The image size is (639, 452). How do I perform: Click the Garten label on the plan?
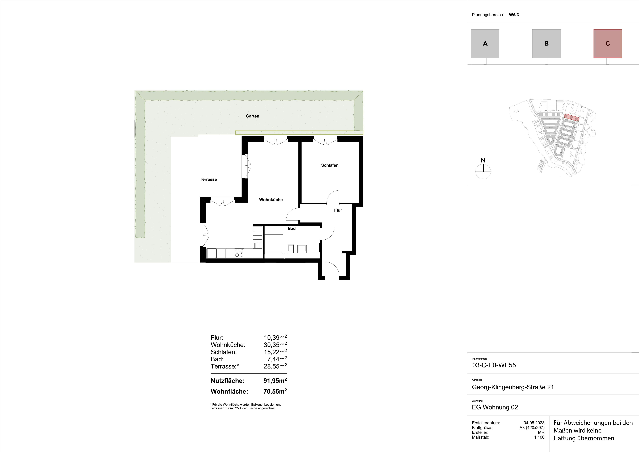252,116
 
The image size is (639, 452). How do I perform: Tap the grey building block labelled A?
485,43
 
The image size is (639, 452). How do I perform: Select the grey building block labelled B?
546,43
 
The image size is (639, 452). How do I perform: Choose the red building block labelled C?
608,43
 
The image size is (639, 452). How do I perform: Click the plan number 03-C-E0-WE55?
494,365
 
